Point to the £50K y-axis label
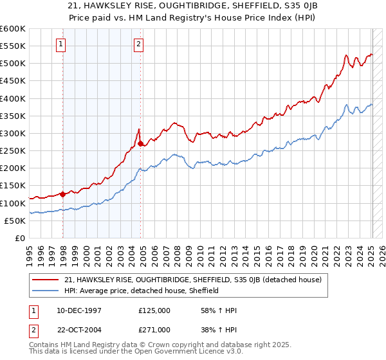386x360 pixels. pos(14,221)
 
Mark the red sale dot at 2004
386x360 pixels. pos(141,144)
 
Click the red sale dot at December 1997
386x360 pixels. pos(62,194)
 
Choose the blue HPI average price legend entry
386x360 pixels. pos(142,291)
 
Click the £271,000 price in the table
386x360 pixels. pos(154,329)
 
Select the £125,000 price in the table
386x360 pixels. pos(154,310)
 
